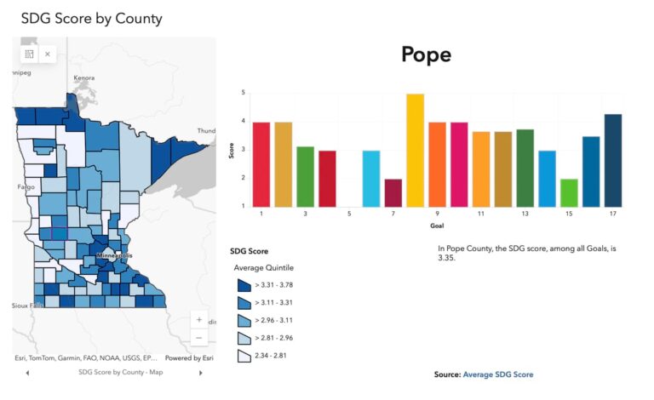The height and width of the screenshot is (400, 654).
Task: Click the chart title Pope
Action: coord(426,55)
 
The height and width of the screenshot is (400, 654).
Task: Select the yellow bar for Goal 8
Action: coord(415,150)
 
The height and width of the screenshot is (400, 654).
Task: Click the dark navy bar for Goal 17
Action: coord(613,160)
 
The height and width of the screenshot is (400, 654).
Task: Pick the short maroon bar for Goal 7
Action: coord(393,192)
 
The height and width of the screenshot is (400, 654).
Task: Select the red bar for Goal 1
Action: coord(261,164)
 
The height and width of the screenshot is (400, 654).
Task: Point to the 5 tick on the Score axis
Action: coord(244,93)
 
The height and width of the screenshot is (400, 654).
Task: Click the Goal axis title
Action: coord(437,226)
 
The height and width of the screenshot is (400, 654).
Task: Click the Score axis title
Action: coord(232,150)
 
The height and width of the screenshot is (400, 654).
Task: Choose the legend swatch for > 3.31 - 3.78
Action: coord(244,286)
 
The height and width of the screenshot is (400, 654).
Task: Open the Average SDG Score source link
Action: coord(498,374)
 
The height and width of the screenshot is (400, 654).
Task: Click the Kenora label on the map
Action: coord(83,77)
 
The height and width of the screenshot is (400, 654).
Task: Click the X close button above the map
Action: coord(48,54)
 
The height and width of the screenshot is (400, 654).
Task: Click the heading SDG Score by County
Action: coord(91,18)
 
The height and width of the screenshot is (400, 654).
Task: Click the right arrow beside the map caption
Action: coord(201,373)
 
